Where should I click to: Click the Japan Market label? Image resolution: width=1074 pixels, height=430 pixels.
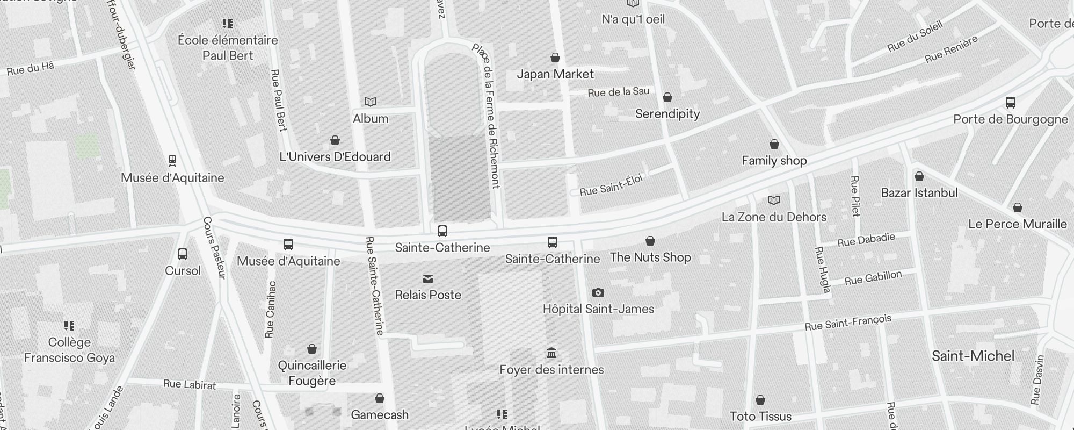(555, 74)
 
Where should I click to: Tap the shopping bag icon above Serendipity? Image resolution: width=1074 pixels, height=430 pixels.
(667, 97)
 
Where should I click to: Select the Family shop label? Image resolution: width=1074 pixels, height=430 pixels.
(774, 161)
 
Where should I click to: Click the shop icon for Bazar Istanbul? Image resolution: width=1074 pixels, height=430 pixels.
(919, 176)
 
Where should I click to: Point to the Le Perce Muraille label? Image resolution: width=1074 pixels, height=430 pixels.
(1017, 224)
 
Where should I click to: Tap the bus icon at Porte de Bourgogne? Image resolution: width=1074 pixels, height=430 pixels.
(1010, 103)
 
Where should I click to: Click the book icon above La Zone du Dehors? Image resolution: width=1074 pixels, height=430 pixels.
(774, 200)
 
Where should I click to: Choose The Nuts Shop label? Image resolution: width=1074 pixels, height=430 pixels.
(650, 257)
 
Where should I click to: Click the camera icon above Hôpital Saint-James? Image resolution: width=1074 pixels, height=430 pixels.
(598, 293)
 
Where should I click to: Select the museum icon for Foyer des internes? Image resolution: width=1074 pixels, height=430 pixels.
(551, 353)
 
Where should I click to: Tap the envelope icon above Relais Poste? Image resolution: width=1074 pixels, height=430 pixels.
(428, 279)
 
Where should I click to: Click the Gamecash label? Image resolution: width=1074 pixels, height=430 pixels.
(380, 415)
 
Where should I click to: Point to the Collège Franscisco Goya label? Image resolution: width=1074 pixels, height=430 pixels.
(69, 350)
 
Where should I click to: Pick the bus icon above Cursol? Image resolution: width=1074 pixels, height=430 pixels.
(183, 254)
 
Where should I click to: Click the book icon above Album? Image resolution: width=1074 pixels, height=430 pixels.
(371, 102)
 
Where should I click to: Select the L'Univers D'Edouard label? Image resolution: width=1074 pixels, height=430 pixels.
(335, 157)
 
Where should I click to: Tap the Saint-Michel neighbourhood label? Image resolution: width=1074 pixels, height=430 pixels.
(973, 356)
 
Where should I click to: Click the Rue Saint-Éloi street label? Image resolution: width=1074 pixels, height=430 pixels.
(611, 184)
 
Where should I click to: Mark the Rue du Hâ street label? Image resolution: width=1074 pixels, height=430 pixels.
(31, 69)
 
